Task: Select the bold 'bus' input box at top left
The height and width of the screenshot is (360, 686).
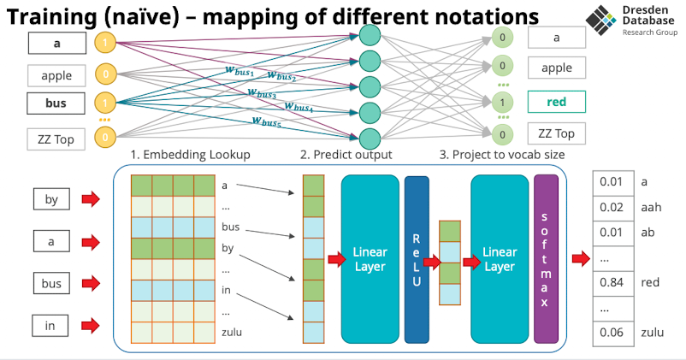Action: click(x=56, y=104)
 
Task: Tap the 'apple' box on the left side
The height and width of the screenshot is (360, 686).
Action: click(x=56, y=75)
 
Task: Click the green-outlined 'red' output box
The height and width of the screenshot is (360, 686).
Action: click(x=557, y=103)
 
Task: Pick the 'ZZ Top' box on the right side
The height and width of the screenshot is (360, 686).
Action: click(x=557, y=133)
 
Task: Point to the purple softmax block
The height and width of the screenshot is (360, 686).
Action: click(x=545, y=257)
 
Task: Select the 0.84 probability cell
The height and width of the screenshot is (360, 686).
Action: click(x=611, y=280)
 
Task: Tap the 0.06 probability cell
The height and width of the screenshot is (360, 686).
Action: click(x=611, y=332)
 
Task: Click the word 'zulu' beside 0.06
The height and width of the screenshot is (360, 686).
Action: click(x=653, y=332)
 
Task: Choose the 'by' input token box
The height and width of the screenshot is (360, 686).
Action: click(x=51, y=200)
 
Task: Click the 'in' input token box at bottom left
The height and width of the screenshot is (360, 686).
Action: click(x=51, y=325)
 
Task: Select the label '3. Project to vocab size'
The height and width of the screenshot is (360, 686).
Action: click(x=501, y=155)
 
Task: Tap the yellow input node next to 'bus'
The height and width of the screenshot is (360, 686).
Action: click(x=105, y=104)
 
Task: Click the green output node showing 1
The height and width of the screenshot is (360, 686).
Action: click(x=502, y=102)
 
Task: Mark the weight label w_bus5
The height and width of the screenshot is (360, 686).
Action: click(x=268, y=121)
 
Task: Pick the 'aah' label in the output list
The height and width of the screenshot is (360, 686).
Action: click(x=652, y=207)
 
